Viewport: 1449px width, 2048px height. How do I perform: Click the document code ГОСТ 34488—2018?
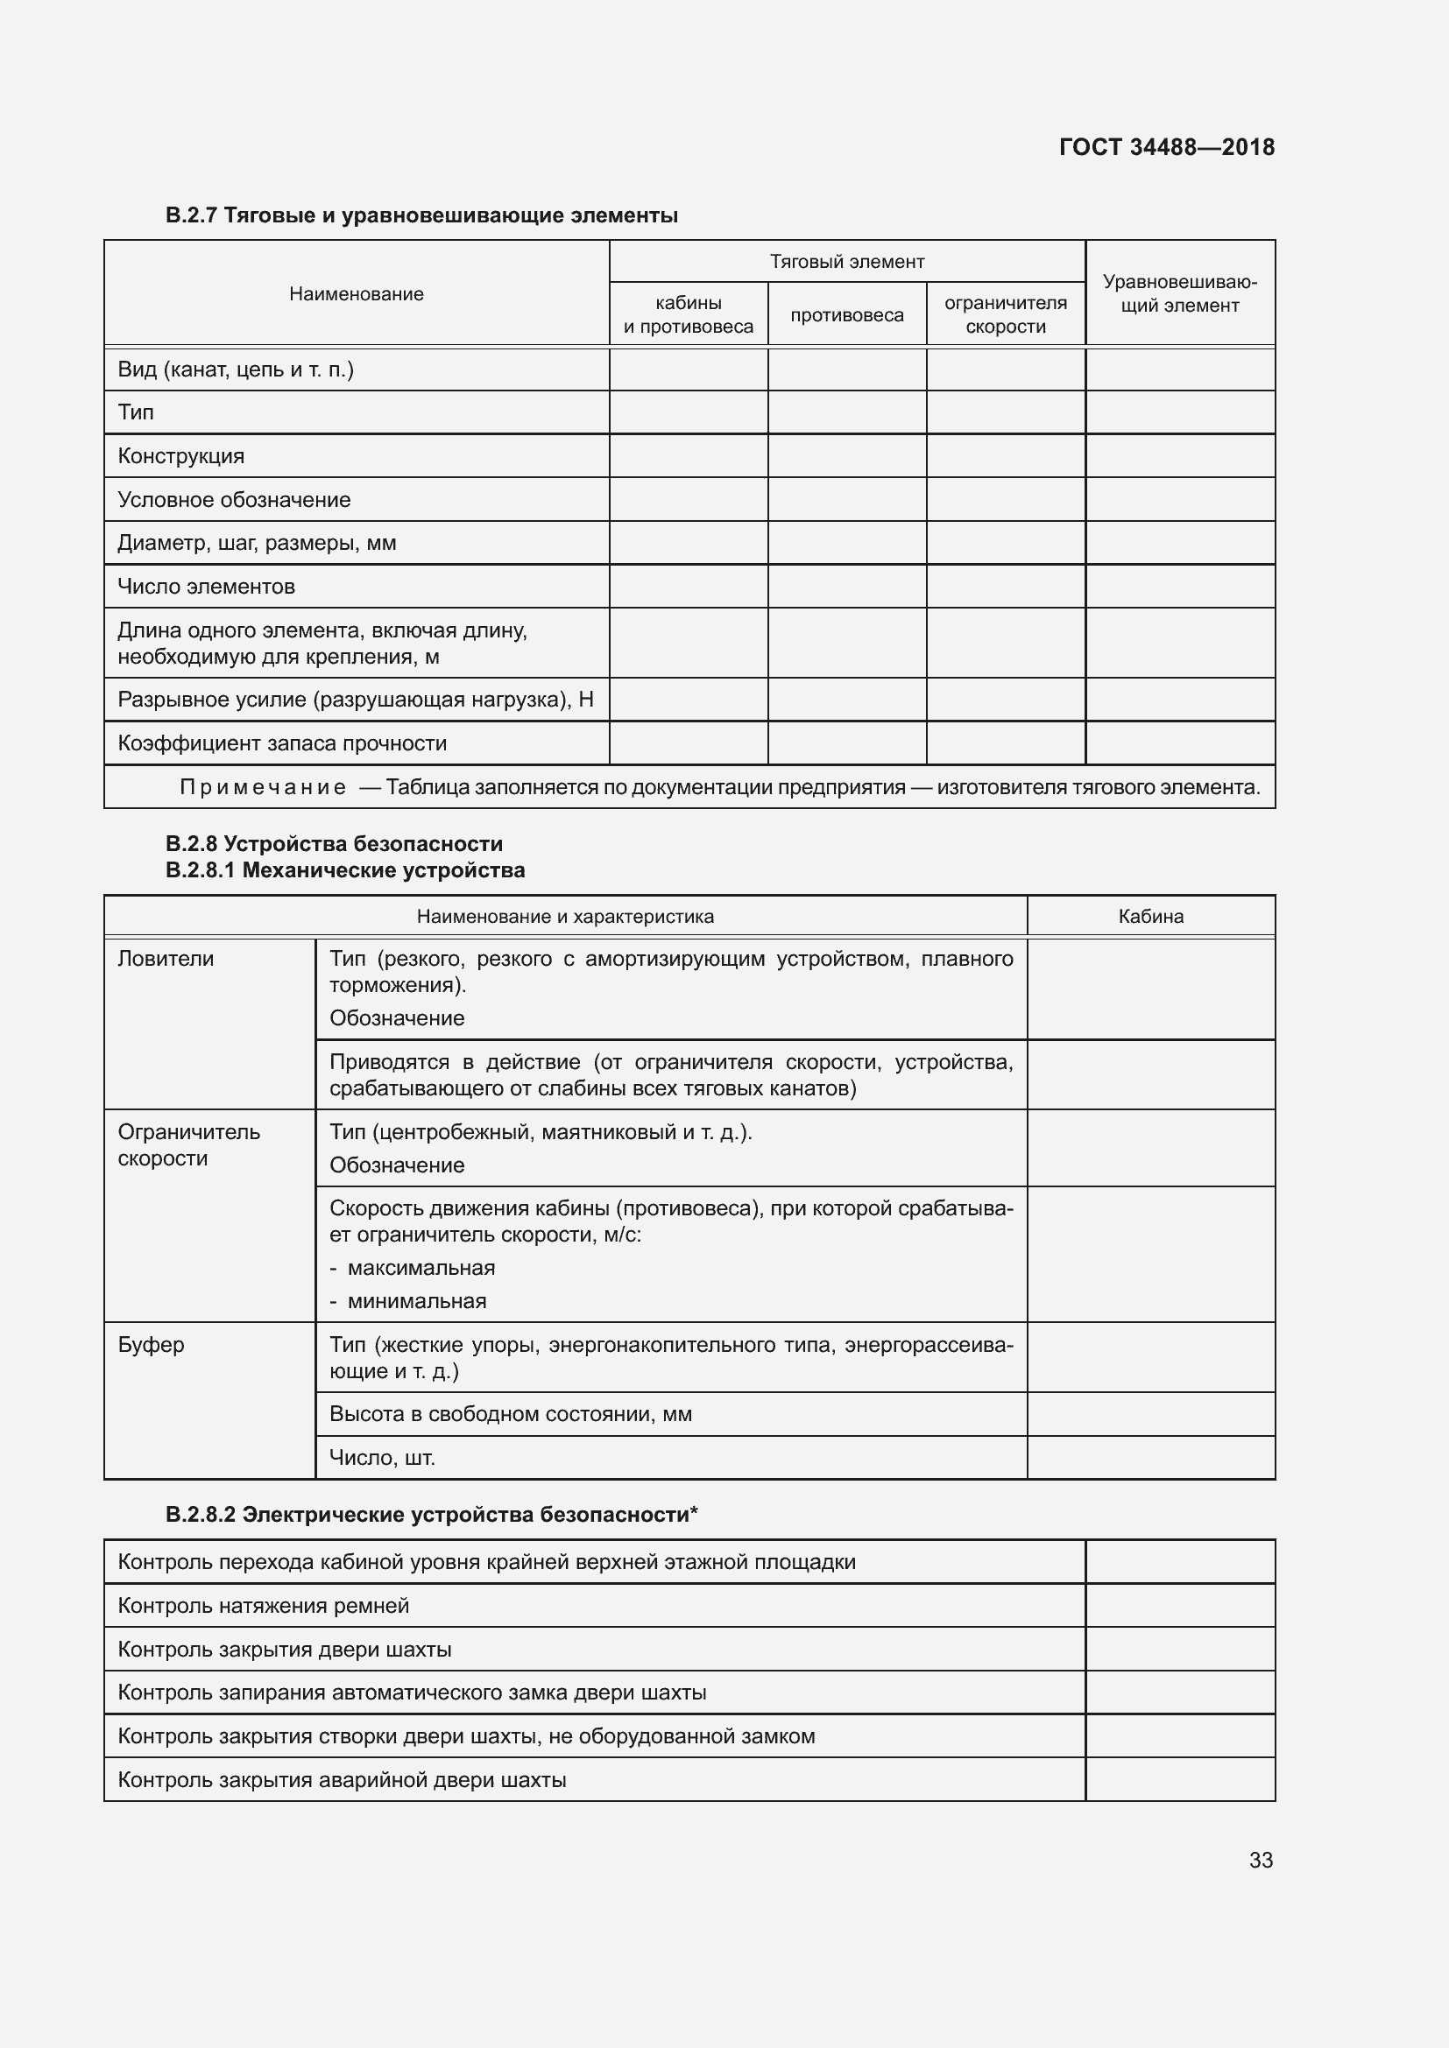click(x=1166, y=147)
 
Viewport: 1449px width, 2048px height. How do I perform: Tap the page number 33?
click(x=1261, y=1860)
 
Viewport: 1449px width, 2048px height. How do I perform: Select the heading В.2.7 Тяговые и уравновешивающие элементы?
click(x=421, y=215)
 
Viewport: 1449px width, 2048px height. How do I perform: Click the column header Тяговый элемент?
click(x=847, y=261)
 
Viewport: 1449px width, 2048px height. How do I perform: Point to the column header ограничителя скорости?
click(x=1006, y=315)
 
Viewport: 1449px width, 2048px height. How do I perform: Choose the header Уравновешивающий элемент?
click(x=1179, y=293)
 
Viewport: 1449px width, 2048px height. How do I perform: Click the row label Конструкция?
click(x=181, y=456)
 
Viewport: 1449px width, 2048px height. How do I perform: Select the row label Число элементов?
click(x=206, y=587)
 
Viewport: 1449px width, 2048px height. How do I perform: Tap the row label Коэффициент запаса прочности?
click(x=282, y=743)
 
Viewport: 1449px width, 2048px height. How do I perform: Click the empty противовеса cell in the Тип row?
click(x=847, y=412)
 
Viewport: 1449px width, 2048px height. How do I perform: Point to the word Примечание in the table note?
click(x=263, y=788)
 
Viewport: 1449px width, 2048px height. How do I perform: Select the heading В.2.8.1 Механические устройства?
click(x=345, y=869)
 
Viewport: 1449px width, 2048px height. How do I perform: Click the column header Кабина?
click(x=1150, y=916)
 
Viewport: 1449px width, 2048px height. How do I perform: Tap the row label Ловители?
click(x=166, y=959)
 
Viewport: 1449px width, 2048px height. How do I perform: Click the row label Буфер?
click(x=151, y=1344)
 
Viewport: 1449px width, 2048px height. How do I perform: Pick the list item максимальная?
click(x=421, y=1268)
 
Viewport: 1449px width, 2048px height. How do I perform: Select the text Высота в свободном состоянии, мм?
click(x=511, y=1414)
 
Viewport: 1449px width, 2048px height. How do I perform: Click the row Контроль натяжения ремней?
click(x=263, y=1606)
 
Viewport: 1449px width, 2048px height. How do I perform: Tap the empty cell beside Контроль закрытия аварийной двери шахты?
click(x=1179, y=1779)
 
